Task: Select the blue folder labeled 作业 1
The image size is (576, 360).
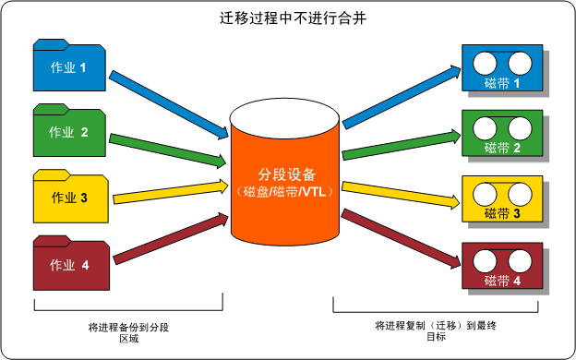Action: (x=70, y=66)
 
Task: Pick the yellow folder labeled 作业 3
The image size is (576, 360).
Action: (x=70, y=197)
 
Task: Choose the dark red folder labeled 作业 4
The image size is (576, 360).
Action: (x=70, y=264)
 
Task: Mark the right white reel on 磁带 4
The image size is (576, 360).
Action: (x=518, y=261)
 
